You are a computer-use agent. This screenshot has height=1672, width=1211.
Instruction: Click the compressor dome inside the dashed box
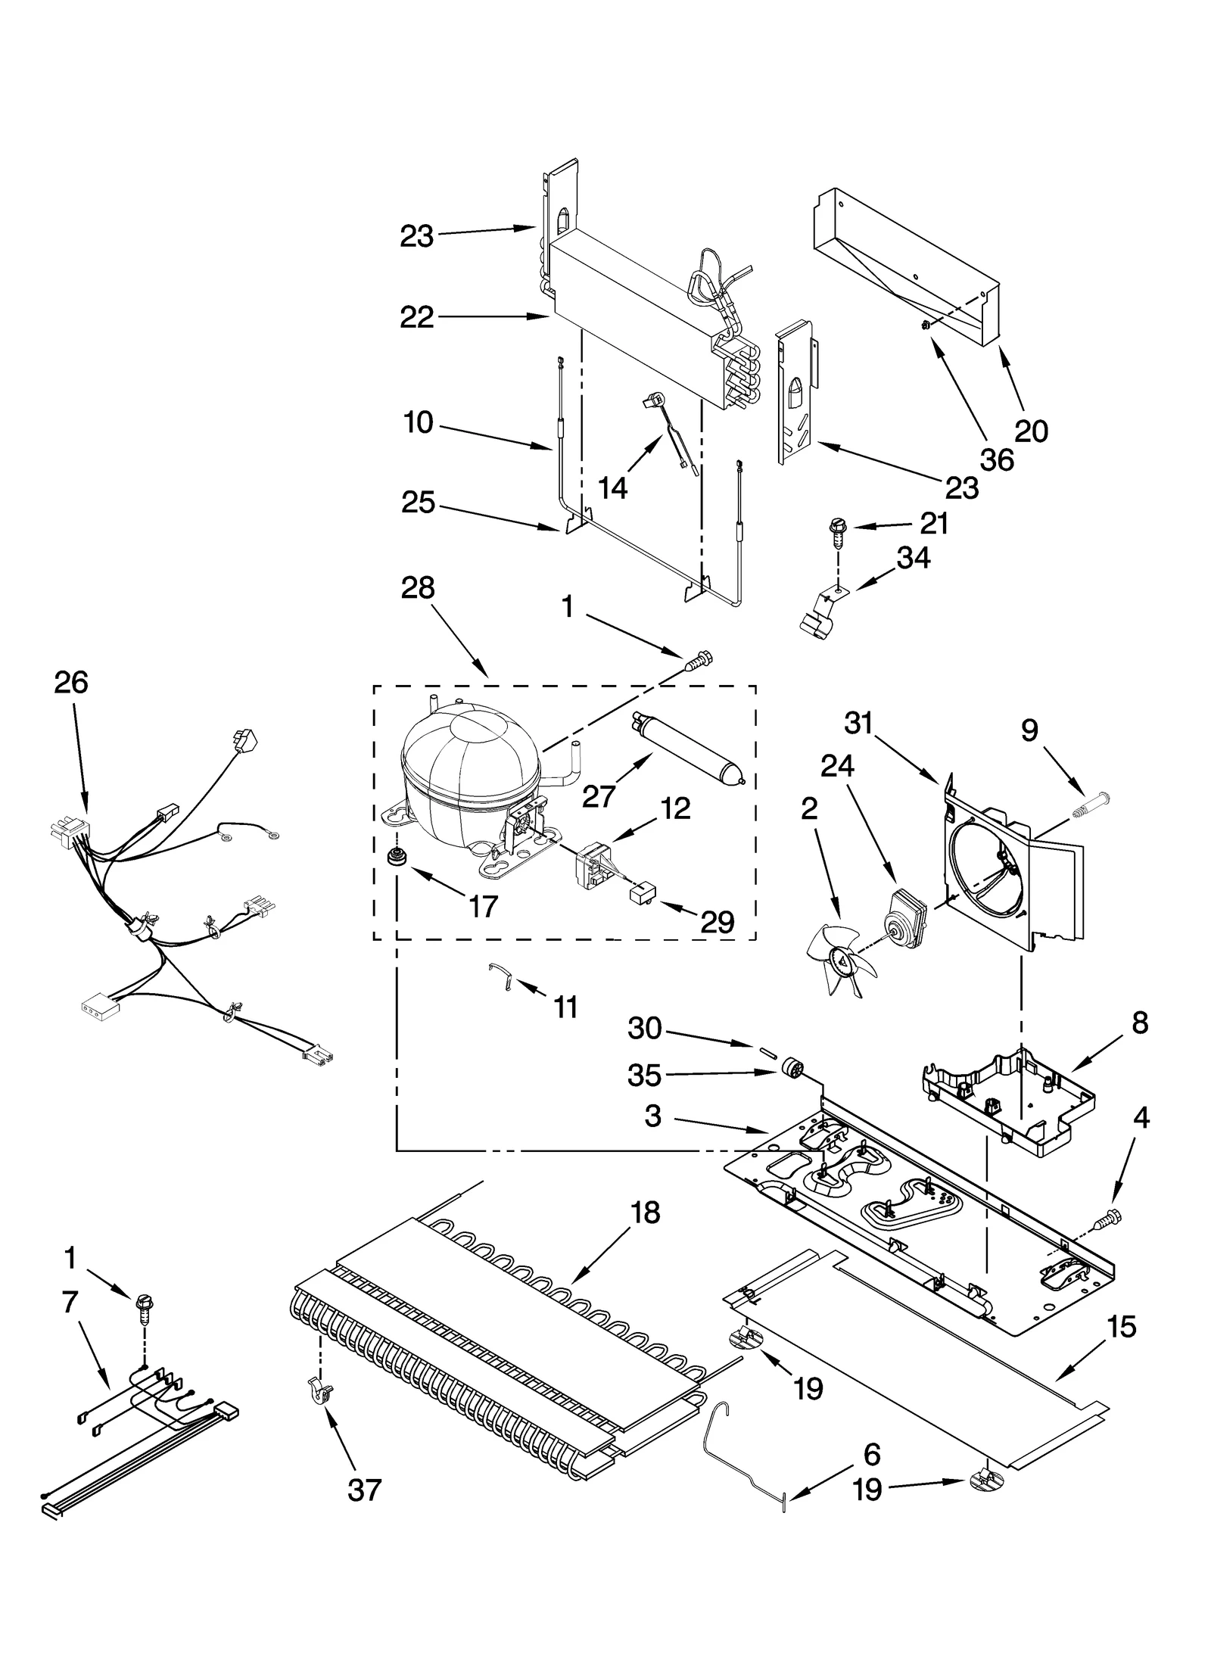coord(469,764)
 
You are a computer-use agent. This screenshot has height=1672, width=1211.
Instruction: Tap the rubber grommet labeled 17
coord(394,858)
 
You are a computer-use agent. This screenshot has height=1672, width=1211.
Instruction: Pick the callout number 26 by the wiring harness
coord(71,683)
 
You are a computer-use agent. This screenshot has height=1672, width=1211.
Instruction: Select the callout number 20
coord(1031,431)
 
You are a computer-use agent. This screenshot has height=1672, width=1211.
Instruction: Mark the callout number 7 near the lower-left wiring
coord(70,1302)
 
